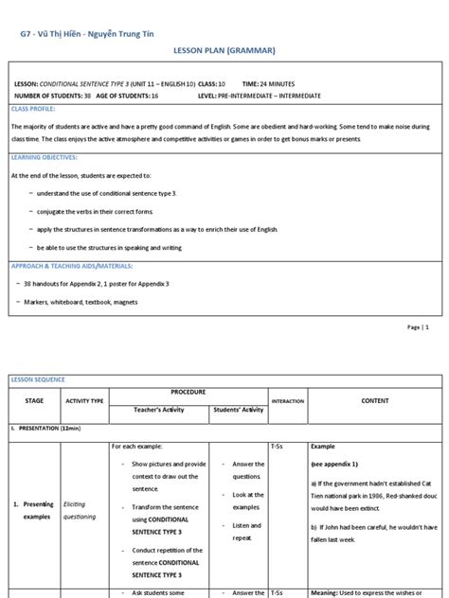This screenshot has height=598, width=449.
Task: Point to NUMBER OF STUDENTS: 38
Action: coord(54,96)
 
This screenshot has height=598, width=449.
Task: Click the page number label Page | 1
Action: coord(419,326)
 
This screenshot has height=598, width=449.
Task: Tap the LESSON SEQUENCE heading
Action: coord(38,379)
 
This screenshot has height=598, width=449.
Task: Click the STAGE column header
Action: coord(33,400)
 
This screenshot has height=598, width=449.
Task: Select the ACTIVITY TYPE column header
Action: coord(83,401)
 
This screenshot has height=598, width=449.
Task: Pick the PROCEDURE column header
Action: coord(188,391)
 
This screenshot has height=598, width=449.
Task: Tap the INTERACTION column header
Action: coord(288,401)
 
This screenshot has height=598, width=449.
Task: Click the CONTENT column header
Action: coord(374,400)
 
